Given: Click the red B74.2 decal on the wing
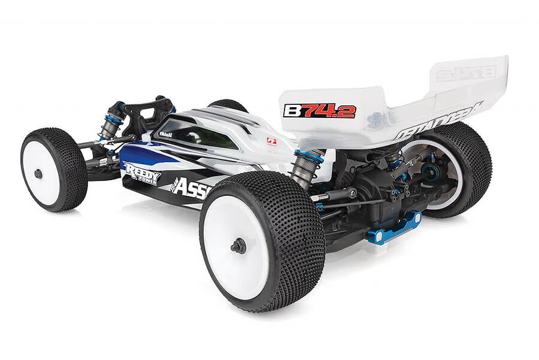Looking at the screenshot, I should (320, 111).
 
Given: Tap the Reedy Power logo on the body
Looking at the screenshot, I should (142, 173).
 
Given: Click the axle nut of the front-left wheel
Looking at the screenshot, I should (38, 174).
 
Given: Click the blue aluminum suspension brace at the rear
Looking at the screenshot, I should (394, 228).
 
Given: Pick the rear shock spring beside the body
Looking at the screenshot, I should (305, 171).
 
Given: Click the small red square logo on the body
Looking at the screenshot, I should (271, 142).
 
